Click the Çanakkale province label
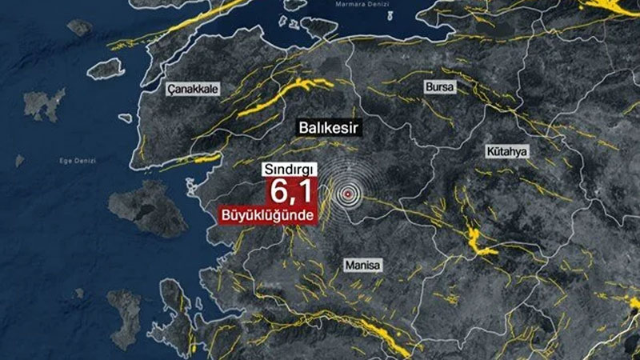point(193,90)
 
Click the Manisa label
point(363,265)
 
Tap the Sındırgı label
point(291,170)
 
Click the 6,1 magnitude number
point(292,193)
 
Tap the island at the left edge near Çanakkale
point(43,104)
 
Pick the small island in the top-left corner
point(79,27)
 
